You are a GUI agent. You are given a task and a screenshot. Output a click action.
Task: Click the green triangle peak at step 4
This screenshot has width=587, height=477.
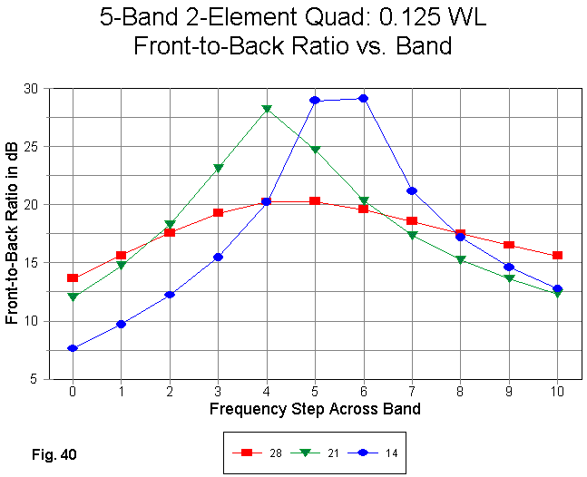click(267, 109)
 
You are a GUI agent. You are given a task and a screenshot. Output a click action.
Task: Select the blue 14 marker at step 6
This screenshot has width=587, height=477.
click(363, 98)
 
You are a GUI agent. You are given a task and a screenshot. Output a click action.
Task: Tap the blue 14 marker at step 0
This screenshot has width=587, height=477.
click(73, 348)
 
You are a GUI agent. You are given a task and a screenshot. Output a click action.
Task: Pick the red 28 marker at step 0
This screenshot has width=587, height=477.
click(73, 277)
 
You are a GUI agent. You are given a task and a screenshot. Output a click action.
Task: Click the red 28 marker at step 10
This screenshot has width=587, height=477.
click(557, 256)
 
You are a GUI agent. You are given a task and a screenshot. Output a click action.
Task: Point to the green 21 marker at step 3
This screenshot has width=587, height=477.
click(218, 168)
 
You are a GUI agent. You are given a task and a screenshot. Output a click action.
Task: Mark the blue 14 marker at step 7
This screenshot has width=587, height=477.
click(412, 190)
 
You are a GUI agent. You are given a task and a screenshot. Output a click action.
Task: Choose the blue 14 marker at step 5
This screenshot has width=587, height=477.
click(315, 100)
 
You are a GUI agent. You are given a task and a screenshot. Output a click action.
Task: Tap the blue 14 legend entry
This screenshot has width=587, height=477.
click(381, 452)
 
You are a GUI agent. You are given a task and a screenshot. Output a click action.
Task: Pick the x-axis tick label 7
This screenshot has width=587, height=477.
click(412, 391)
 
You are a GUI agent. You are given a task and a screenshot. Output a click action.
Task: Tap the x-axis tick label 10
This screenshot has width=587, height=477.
click(557, 391)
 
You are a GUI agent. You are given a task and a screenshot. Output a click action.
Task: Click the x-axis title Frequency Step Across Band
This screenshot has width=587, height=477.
click(315, 409)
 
